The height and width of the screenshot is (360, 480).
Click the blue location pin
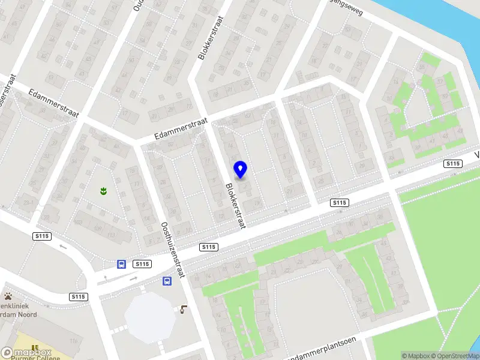[x=241, y=170]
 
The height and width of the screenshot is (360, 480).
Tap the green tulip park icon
[x=103, y=191]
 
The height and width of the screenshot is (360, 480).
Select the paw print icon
[x=9, y=296]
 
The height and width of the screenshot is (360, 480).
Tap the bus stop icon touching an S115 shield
[x=121, y=264]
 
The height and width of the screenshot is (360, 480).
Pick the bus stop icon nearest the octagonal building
[x=166, y=281]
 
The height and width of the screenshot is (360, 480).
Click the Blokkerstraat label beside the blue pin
[x=236, y=205]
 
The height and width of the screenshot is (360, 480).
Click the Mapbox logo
[x=26, y=353]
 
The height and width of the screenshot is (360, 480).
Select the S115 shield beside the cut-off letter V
[x=453, y=164]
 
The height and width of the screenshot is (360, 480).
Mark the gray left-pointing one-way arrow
[x=62, y=246]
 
